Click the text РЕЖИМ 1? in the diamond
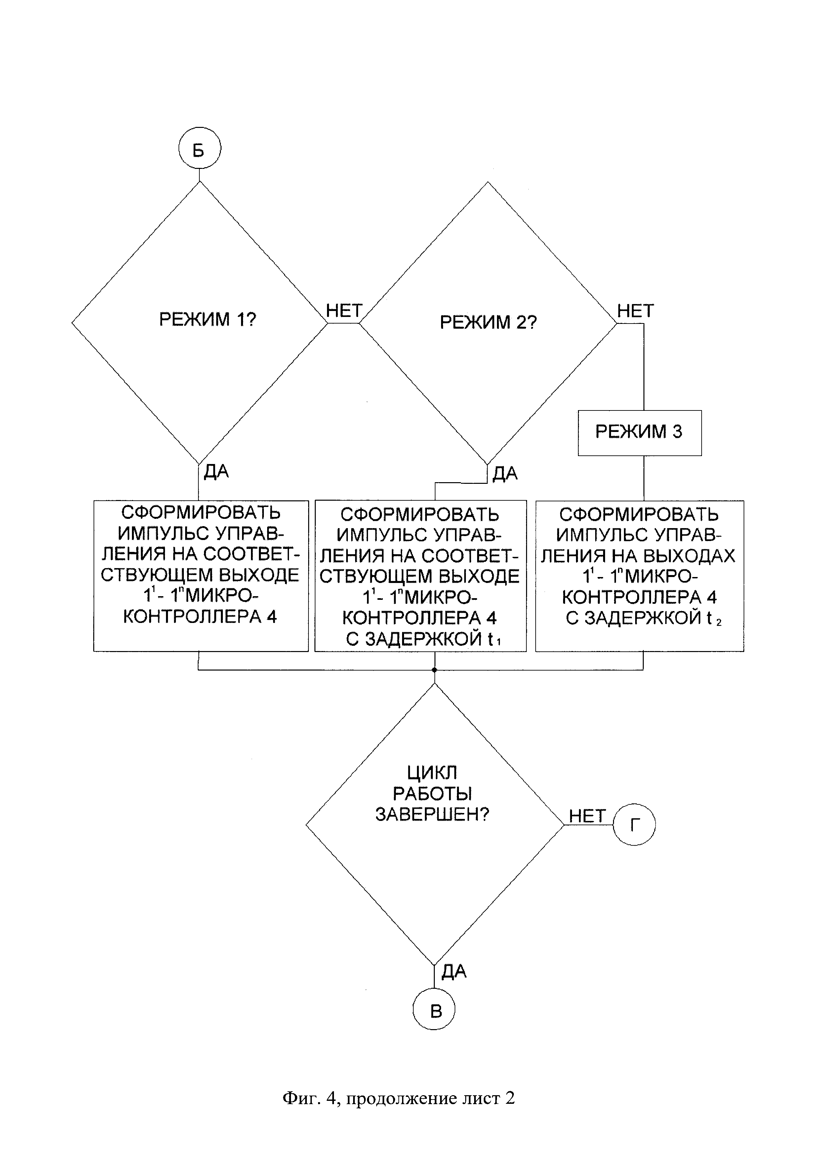click(x=208, y=320)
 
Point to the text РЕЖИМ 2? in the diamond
click(x=488, y=322)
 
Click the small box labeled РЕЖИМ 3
click(x=640, y=433)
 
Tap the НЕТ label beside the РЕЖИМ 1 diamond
click(x=344, y=310)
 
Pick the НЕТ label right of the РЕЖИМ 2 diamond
click(x=636, y=310)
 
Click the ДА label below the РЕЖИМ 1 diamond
click(x=216, y=472)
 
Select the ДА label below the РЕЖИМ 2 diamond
click(x=505, y=474)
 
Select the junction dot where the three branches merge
click(x=434, y=670)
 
